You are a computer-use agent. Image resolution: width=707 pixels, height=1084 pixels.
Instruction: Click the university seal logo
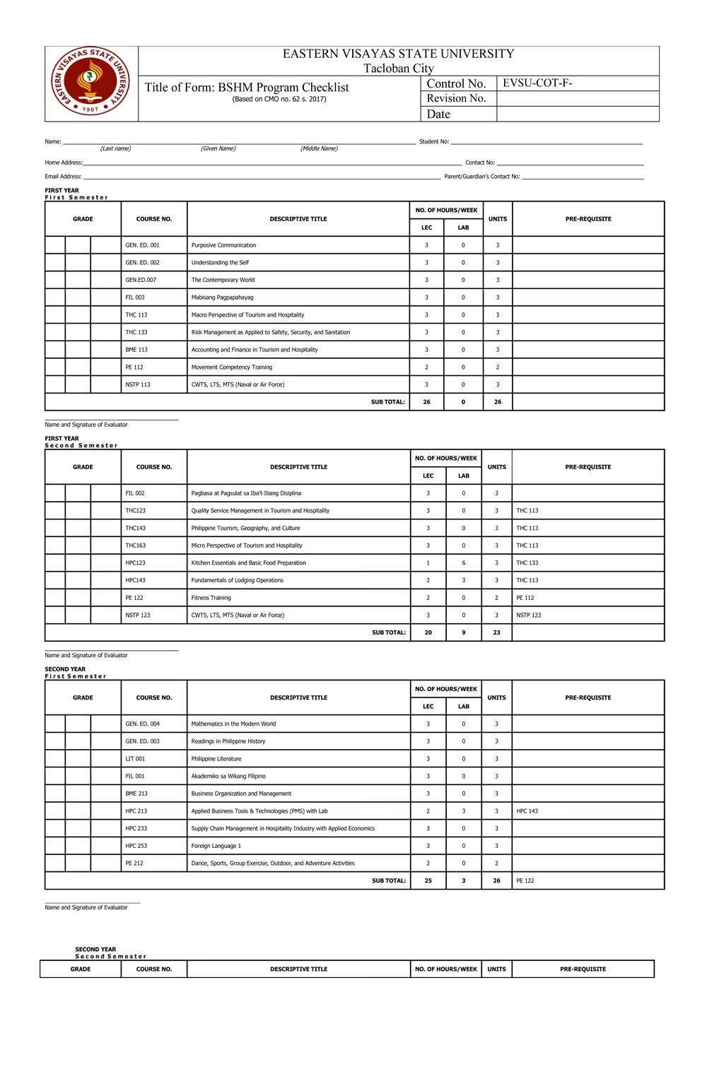pyautogui.click(x=91, y=83)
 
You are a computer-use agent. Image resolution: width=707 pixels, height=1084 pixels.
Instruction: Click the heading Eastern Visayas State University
pyautogui.click(x=398, y=54)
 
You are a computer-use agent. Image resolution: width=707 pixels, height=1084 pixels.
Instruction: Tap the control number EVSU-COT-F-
pyautogui.click(x=537, y=83)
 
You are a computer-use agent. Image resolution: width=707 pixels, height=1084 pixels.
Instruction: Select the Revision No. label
pyautogui.click(x=456, y=98)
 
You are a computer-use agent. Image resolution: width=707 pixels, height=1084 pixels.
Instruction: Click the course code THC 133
pyautogui.click(x=136, y=332)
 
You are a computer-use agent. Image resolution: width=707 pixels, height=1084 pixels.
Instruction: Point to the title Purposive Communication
pyautogui.click(x=223, y=245)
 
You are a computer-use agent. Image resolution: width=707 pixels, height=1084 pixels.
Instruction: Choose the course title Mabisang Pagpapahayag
pyautogui.click(x=222, y=297)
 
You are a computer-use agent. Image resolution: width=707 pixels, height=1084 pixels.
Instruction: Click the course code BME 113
pyautogui.click(x=136, y=350)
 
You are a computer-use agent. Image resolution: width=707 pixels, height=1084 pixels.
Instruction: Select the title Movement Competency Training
pyautogui.click(x=231, y=367)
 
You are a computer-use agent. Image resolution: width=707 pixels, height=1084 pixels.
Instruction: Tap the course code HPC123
pyautogui.click(x=135, y=563)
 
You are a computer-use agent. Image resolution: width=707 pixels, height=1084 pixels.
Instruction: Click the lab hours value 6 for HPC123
pyautogui.click(x=464, y=563)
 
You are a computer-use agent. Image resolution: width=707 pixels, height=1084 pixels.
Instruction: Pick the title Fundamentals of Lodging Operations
pyautogui.click(x=237, y=580)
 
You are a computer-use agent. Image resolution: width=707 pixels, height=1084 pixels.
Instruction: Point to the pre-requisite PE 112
pyautogui.click(x=525, y=598)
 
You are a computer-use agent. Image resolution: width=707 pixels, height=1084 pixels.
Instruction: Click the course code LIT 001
pyautogui.click(x=135, y=759)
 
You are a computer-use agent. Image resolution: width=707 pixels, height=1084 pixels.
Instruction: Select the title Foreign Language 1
pyautogui.click(x=216, y=846)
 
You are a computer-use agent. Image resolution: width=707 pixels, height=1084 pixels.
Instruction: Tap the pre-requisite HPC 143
pyautogui.click(x=527, y=811)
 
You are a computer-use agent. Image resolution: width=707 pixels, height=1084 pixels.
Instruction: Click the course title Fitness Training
pyautogui.click(x=211, y=598)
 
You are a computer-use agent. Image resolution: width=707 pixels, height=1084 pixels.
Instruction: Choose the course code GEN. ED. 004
pyautogui.click(x=142, y=724)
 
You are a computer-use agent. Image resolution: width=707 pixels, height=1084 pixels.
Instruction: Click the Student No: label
pyautogui.click(x=433, y=142)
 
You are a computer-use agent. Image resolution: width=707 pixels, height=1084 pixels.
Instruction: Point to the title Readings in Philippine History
pyautogui.click(x=228, y=741)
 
